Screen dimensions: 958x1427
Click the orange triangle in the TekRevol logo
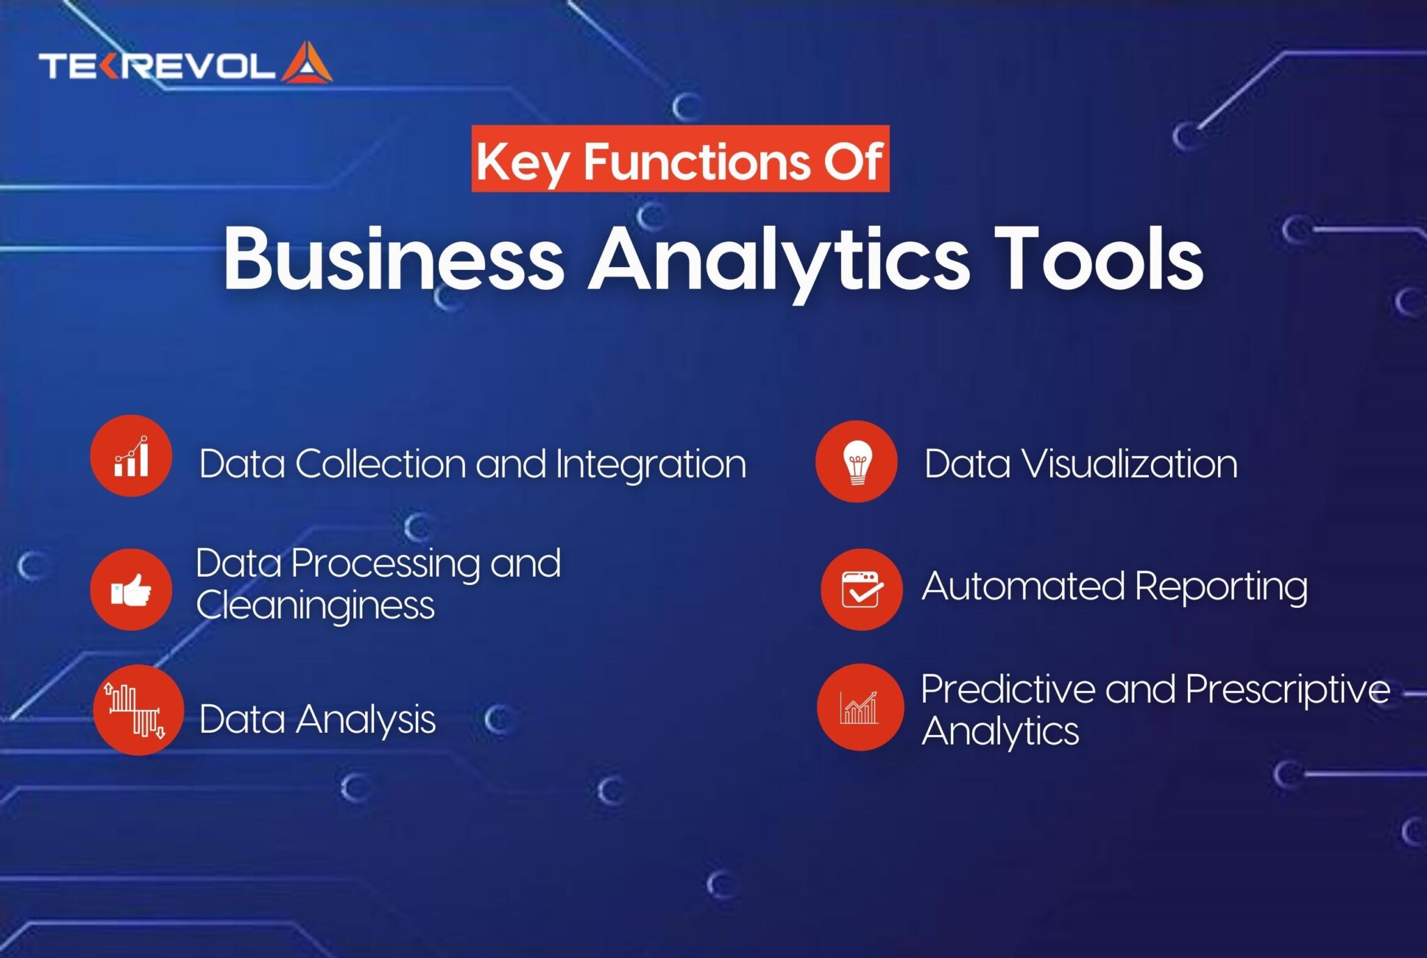pyautogui.click(x=307, y=64)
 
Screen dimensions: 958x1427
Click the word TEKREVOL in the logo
pyautogui.click(x=157, y=66)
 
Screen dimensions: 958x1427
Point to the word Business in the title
pyautogui.click(x=393, y=259)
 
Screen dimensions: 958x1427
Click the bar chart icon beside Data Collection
pyautogui.click(x=131, y=457)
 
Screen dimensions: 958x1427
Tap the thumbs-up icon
pyautogui.click(x=131, y=591)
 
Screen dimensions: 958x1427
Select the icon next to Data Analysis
pyautogui.click(x=137, y=710)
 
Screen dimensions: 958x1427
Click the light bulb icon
pyautogui.click(x=856, y=462)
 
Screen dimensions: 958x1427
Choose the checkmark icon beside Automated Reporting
pyautogui.click(x=862, y=590)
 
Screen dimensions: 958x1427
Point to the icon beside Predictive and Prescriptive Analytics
pyautogui.click(x=860, y=708)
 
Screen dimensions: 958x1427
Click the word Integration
pyautogui.click(x=651, y=465)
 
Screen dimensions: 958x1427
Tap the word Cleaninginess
pyautogui.click(x=315, y=605)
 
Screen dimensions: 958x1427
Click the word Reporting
pyautogui.click(x=1221, y=586)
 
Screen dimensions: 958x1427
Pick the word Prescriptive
pyautogui.click(x=1287, y=690)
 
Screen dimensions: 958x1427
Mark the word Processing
pyautogui.click(x=385, y=564)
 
